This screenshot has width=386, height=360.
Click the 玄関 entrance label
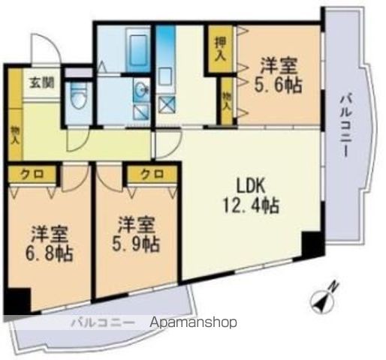pyautogui.click(x=42, y=82)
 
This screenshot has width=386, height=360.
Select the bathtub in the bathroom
pyautogui.click(x=137, y=51)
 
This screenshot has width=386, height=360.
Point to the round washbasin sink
pyautogui.click(x=143, y=88)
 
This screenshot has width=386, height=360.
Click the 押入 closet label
pyautogui.click(x=221, y=49)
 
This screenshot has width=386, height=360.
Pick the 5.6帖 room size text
pyautogui.click(x=278, y=85)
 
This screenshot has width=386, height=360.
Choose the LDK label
pyautogui.click(x=251, y=186)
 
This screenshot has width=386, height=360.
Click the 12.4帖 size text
pyautogui.click(x=251, y=205)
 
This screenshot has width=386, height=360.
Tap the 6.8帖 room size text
pyautogui.click(x=49, y=254)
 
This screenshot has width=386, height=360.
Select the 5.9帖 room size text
pyautogui.click(x=135, y=244)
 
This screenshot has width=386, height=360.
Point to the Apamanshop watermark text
pyautogui.click(x=193, y=322)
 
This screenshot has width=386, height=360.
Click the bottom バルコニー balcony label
pyautogui.click(x=103, y=323)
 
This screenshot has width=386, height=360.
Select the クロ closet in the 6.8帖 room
pyautogui.click(x=32, y=174)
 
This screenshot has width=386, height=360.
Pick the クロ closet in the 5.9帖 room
pyautogui.click(x=152, y=173)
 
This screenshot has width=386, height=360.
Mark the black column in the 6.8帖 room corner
pyautogui.click(x=17, y=301)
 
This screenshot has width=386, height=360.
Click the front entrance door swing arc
pyautogui.click(x=46, y=49)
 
